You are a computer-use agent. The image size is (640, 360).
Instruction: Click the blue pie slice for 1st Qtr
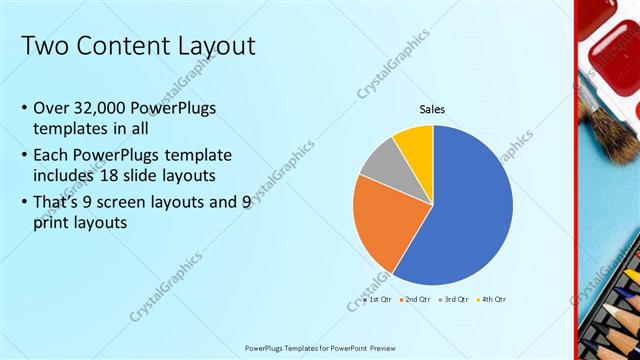point(465,215)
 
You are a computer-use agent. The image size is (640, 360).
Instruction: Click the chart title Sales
point(432,110)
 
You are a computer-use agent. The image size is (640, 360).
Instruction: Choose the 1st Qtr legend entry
point(378,299)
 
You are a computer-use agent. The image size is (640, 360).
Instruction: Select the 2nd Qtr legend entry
point(416,299)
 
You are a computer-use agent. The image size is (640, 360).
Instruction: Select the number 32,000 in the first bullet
point(108,108)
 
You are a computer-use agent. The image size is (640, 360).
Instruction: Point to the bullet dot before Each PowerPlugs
point(23,156)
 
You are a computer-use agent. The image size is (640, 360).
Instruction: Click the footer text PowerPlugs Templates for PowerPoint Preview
point(320,348)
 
